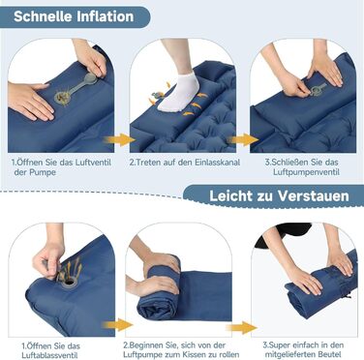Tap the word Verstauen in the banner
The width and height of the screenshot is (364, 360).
point(314,195)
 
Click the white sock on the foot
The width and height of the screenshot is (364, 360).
point(179,92)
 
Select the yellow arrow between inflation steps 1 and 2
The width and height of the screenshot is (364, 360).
point(119,139)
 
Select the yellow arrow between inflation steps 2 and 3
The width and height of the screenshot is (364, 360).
point(242,139)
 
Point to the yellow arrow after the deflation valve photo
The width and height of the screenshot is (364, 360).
point(117,324)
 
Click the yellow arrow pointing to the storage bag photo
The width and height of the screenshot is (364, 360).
point(241,327)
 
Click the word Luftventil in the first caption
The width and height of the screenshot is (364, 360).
point(93,162)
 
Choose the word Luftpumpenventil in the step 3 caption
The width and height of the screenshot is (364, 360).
point(306,172)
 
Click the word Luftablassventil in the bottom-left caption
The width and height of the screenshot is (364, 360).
point(49,355)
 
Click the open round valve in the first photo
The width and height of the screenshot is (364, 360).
point(62,97)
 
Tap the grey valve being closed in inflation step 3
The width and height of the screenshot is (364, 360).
point(318,89)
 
